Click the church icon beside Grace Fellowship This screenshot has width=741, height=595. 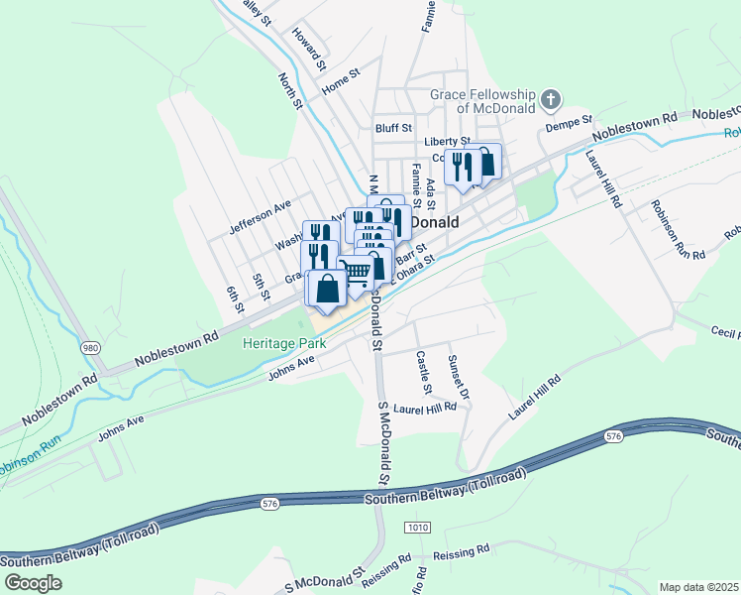point(552,100)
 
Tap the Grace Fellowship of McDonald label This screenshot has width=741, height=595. point(482,100)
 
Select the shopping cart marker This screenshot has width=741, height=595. point(358,272)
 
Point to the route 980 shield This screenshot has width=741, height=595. point(90,348)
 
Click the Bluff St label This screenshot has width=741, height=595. point(392,127)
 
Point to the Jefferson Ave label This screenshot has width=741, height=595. point(261,217)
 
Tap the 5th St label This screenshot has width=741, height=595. point(261,288)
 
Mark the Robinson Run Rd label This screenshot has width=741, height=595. point(678,230)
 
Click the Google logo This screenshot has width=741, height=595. point(32,583)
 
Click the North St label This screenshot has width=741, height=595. point(289,92)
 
